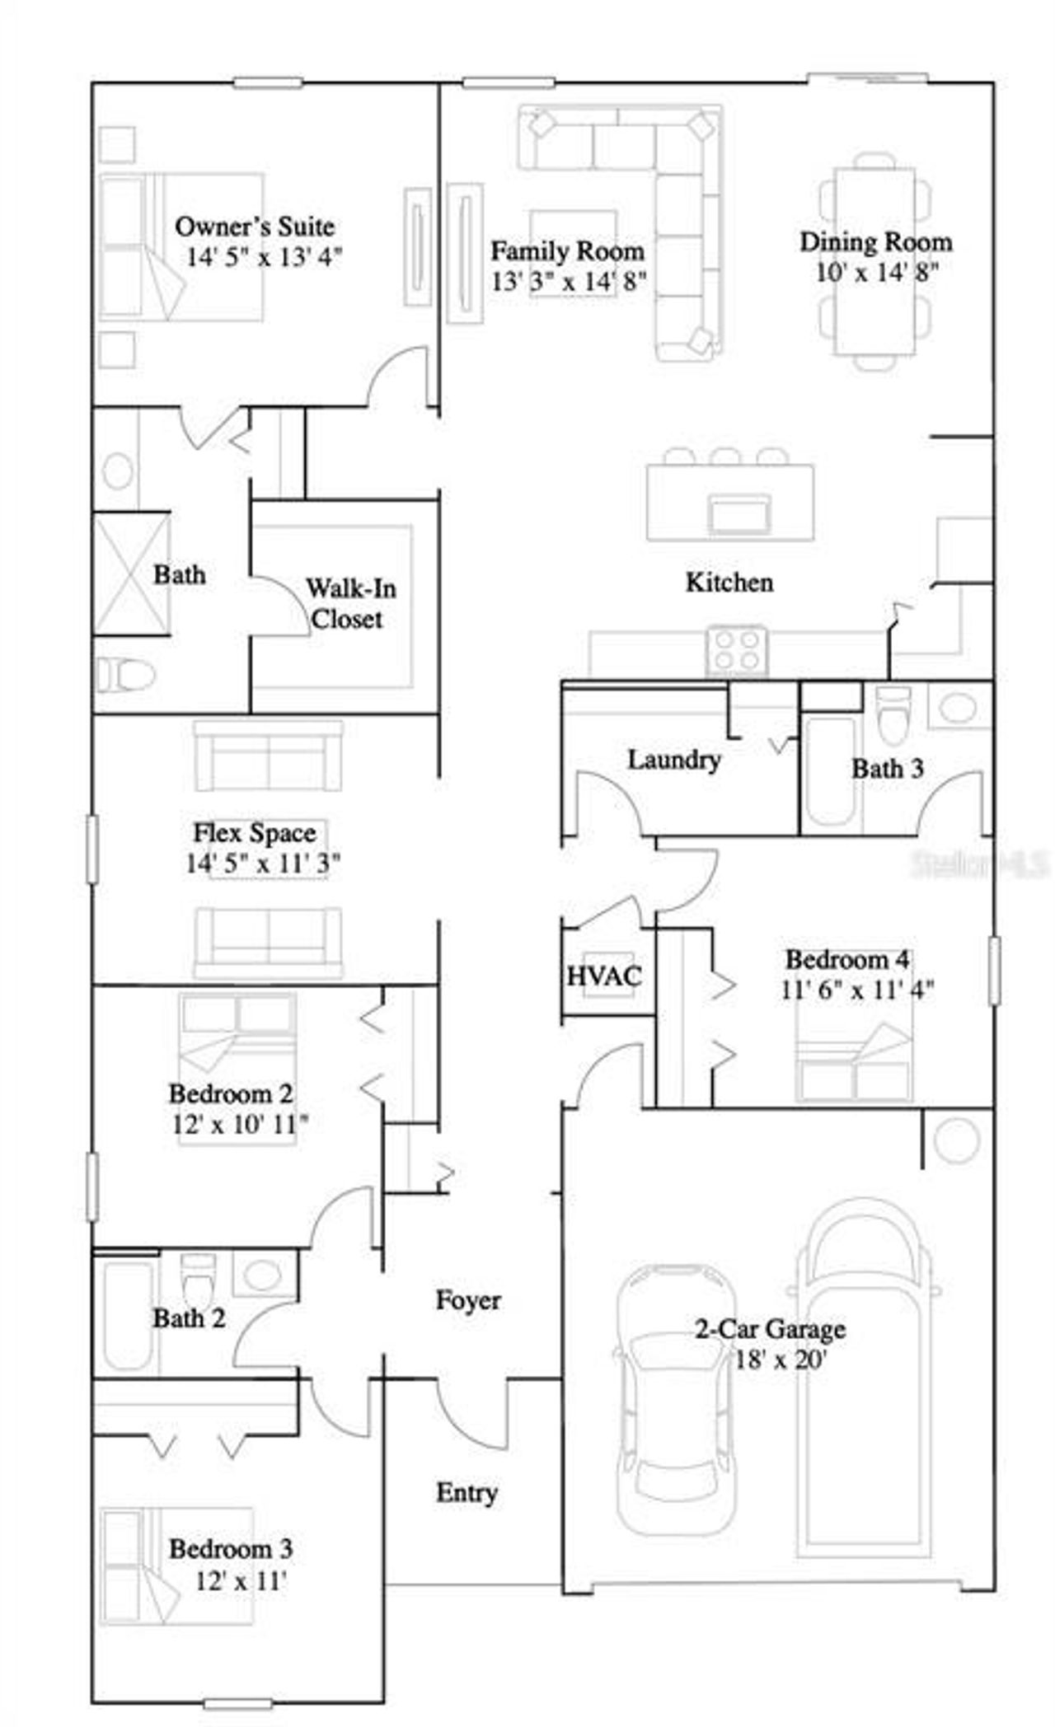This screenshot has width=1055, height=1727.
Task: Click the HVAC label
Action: (x=603, y=976)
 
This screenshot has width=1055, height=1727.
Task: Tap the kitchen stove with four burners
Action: (x=737, y=650)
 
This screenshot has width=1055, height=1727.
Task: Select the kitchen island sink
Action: (x=739, y=514)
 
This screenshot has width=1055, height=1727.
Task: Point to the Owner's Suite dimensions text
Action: (x=264, y=257)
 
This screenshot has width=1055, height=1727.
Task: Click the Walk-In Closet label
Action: (x=349, y=603)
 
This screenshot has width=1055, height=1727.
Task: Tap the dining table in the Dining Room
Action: (x=874, y=260)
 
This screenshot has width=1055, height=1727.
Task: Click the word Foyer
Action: (x=467, y=1300)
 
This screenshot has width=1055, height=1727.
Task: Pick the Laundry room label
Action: (x=673, y=759)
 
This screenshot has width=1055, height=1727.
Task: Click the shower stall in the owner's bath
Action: (x=131, y=573)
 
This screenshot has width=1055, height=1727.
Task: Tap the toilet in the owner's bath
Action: (x=125, y=675)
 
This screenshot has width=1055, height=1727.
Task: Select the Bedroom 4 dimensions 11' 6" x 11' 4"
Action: (x=856, y=990)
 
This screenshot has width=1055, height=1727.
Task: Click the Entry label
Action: (x=467, y=1493)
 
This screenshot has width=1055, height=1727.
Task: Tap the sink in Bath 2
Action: (x=262, y=1274)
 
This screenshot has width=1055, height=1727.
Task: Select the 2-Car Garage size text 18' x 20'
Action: (x=780, y=1360)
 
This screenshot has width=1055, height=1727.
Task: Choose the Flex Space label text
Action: (x=254, y=832)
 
